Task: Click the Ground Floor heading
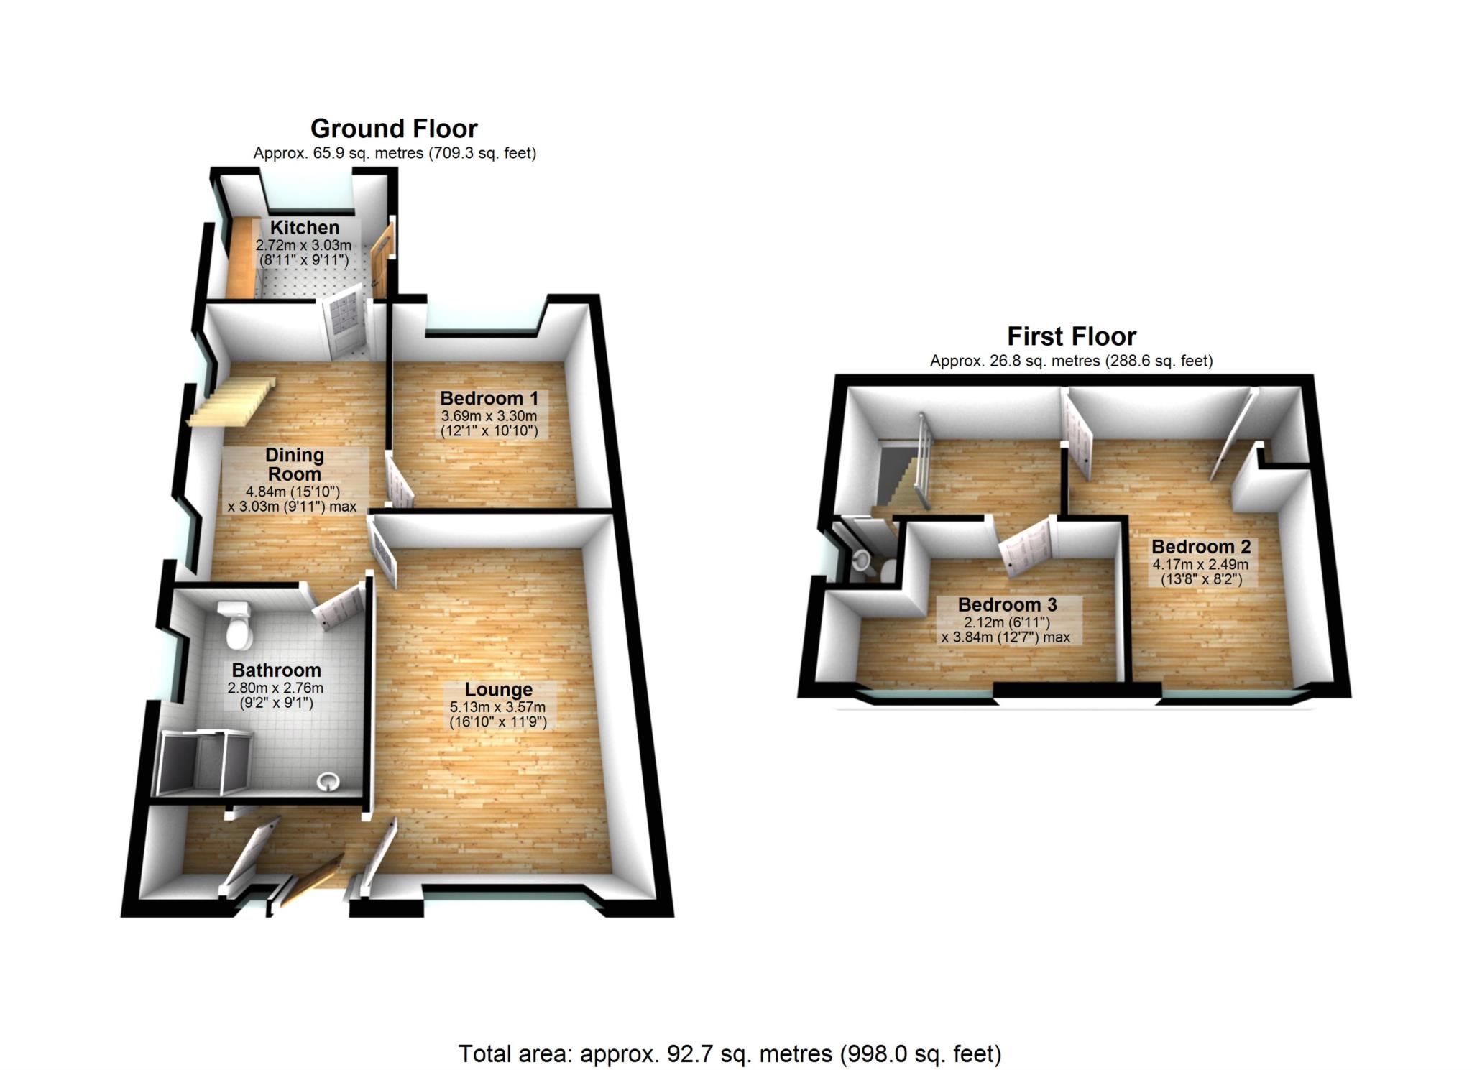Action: click(x=394, y=129)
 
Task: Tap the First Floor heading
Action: click(x=1071, y=336)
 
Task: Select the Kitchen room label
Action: click(x=305, y=228)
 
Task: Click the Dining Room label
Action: click(x=295, y=464)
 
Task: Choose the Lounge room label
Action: click(x=498, y=690)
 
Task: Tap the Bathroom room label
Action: click(x=276, y=670)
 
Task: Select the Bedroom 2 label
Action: click(x=1201, y=547)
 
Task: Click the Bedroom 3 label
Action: click(x=1007, y=605)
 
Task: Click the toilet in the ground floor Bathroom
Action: click(x=236, y=624)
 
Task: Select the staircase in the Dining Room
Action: click(x=231, y=402)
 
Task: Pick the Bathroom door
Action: click(x=338, y=607)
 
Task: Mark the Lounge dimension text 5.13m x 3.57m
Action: click(x=497, y=707)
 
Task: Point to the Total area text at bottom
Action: click(x=730, y=1053)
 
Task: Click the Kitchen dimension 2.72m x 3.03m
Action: click(x=303, y=245)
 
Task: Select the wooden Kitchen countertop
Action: click(x=241, y=255)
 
